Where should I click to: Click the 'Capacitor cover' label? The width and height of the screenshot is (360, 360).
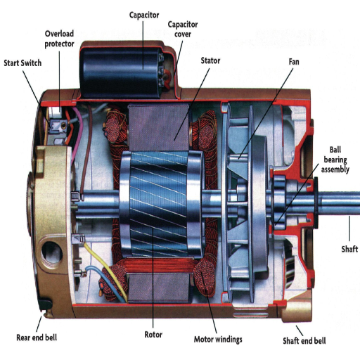[x=183, y=29]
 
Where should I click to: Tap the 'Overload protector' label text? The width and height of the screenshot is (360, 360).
[x=59, y=39]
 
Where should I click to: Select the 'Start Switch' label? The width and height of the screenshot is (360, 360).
[x=22, y=63]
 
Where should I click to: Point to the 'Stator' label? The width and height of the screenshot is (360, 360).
[x=210, y=60]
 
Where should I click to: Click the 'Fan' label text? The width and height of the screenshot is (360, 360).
[x=294, y=62]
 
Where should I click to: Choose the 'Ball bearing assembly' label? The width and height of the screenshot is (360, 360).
[x=335, y=160]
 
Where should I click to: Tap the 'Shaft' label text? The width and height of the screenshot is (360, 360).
[x=349, y=249]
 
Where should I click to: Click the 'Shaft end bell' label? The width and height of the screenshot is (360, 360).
[x=304, y=340]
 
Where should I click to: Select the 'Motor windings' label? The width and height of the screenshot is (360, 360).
[x=218, y=340]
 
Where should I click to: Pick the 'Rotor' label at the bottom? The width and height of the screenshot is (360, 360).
[x=153, y=335]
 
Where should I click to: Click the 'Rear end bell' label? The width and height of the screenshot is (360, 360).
[x=37, y=337]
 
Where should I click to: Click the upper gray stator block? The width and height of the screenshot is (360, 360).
[x=159, y=127]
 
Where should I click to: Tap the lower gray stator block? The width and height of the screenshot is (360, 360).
[x=159, y=289]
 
